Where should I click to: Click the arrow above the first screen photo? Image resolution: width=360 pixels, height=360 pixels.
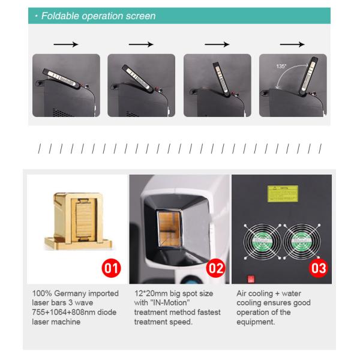click(x=65, y=44)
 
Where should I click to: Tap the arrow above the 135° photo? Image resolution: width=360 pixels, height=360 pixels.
click(x=292, y=44)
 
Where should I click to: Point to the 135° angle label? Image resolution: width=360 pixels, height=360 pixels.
click(x=281, y=67)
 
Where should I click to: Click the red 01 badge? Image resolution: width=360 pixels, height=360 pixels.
click(x=110, y=267)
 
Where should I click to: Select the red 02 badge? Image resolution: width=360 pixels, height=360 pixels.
click(x=214, y=267)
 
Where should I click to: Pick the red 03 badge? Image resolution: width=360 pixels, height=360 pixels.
click(x=317, y=267)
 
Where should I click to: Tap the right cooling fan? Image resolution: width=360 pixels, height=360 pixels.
click(x=304, y=242)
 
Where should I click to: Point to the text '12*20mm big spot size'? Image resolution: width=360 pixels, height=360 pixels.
click(x=174, y=293)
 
